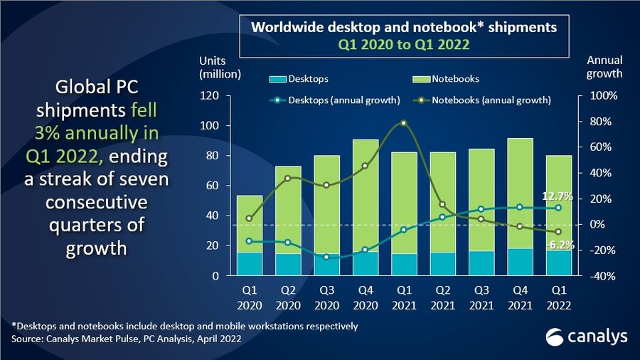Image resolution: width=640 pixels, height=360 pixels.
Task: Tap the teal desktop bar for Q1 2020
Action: pyautogui.click(x=249, y=263)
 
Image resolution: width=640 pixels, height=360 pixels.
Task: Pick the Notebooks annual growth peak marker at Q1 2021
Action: pyautogui.click(x=404, y=123)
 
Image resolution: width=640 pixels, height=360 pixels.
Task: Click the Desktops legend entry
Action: pyautogui.click(x=299, y=79)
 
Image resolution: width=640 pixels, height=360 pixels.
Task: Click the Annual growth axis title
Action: pyautogui.click(x=605, y=66)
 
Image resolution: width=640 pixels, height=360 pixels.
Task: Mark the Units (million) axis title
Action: pyautogui.click(x=220, y=66)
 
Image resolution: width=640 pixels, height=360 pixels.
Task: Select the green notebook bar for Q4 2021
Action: pyautogui.click(x=521, y=192)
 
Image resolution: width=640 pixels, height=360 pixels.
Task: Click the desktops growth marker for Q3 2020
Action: pyautogui.click(x=326, y=257)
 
